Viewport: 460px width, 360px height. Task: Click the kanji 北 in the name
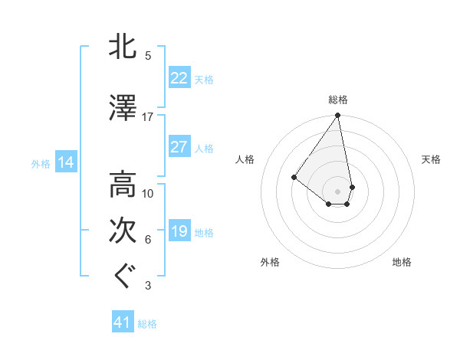[x=123, y=47]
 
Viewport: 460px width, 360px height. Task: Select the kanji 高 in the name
[x=123, y=185]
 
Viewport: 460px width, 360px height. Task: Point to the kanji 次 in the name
[x=123, y=231]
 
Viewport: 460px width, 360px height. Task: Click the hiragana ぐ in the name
[x=123, y=277]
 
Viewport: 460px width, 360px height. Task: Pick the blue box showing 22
[x=179, y=78]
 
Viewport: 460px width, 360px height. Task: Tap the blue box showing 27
[x=179, y=147]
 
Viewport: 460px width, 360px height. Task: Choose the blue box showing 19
[x=179, y=231]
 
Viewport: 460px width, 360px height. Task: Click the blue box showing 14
[x=65, y=162]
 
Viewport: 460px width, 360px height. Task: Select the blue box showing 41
[x=123, y=322]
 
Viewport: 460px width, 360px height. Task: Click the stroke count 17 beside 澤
[x=148, y=117]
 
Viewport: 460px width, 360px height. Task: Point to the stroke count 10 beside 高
[x=148, y=194]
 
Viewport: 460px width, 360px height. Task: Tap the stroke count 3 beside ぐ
[x=148, y=286]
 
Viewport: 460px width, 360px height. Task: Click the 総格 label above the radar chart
[x=337, y=100]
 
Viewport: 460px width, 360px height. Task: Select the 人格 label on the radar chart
[x=245, y=159]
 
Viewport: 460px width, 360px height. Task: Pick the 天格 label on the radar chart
[x=431, y=159]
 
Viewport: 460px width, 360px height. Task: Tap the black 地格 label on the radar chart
[x=402, y=262]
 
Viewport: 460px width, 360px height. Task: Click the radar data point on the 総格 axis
[x=337, y=116]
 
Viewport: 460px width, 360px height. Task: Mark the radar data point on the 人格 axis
[x=294, y=177]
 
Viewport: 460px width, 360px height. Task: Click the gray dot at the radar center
[x=337, y=191]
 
